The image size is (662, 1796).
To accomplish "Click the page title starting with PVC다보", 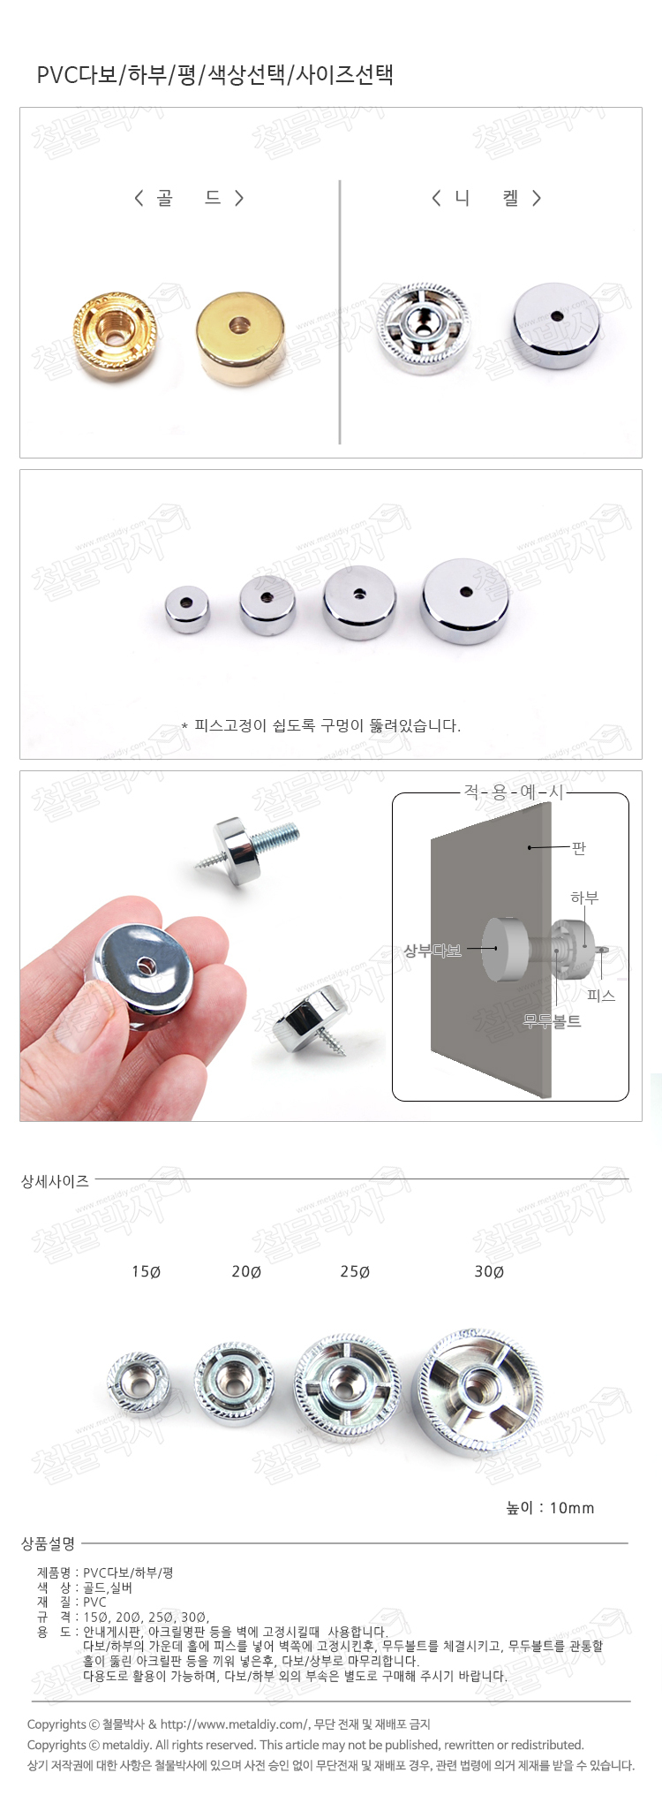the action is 214,75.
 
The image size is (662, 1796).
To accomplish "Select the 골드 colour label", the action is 189,198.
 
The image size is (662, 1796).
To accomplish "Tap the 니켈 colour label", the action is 486,198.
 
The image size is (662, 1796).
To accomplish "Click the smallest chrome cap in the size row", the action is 187,609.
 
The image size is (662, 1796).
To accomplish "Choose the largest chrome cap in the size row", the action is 465,601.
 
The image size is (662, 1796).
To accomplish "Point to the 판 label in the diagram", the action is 579,848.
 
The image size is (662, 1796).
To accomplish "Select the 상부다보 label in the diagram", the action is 433,951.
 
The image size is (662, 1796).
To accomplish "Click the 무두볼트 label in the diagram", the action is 553,1021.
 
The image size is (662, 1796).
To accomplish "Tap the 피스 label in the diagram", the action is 601,996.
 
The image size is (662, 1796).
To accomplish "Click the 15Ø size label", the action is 147,1272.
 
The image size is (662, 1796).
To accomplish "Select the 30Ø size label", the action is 489,1272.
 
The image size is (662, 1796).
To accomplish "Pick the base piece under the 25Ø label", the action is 345,1386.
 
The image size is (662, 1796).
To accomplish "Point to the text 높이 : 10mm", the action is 550,1508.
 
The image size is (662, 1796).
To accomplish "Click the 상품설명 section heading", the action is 49,1543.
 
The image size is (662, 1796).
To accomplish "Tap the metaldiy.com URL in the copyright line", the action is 235,1724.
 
